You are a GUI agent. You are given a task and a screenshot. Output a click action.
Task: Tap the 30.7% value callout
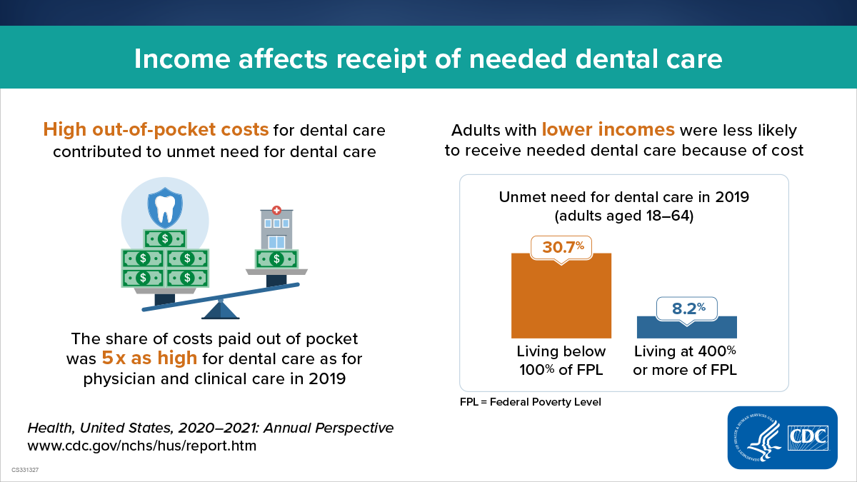pyautogui.click(x=563, y=247)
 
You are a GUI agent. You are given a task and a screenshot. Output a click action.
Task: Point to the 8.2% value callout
pyautogui.click(x=687, y=308)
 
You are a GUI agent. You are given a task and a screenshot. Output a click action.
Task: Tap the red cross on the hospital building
pyautogui.click(x=276, y=211)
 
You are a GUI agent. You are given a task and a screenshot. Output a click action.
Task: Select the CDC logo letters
pyautogui.click(x=807, y=438)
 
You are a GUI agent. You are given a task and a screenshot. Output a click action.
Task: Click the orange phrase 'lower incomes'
pyautogui.click(x=608, y=130)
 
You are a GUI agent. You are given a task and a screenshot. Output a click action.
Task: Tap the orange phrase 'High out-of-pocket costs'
pyautogui.click(x=156, y=130)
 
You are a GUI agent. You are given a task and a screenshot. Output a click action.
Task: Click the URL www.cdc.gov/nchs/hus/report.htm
pyautogui.click(x=141, y=446)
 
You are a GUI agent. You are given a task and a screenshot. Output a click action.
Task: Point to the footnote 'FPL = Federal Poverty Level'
pyautogui.click(x=531, y=402)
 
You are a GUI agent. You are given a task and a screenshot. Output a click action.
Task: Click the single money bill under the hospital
pyautogui.click(x=276, y=258)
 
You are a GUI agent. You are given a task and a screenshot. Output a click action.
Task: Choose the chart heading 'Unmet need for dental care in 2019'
pyautogui.click(x=623, y=197)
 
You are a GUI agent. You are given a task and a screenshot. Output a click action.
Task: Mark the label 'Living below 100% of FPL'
pyautogui.click(x=561, y=361)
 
